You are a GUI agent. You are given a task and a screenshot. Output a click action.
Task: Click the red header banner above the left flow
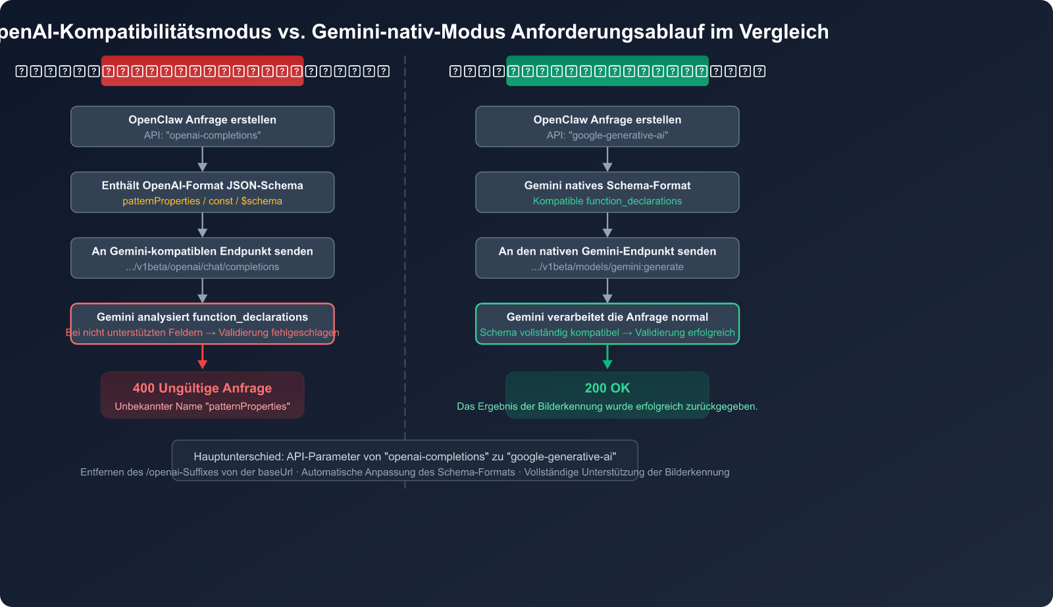coord(202,71)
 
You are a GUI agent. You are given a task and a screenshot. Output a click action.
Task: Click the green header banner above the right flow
coord(607,71)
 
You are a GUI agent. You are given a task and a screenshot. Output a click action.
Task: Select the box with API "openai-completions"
coord(202,126)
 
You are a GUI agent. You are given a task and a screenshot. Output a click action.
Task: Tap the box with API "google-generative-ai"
coord(607,126)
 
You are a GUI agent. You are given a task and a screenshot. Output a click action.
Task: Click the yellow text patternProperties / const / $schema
coord(202,201)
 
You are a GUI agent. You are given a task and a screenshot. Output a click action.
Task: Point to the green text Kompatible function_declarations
coord(607,201)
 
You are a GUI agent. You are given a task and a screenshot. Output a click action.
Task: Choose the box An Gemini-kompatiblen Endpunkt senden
coord(202,258)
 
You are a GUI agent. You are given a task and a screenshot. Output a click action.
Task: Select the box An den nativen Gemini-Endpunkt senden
coord(607,258)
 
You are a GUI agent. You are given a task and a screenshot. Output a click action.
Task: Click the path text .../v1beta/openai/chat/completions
coord(202,267)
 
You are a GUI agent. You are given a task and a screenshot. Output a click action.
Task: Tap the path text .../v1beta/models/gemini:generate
coord(607,267)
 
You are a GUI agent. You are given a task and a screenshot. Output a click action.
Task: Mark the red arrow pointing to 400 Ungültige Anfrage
coord(202,356)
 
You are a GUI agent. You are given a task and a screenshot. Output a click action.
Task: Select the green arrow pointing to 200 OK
coord(607,356)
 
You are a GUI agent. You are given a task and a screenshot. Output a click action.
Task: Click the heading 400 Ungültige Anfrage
coord(202,388)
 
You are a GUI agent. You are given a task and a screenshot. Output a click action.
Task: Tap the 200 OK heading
coord(607,388)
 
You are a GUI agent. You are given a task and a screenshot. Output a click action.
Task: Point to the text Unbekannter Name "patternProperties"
coord(202,406)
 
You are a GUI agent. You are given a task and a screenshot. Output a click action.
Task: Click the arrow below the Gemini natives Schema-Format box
coord(607,225)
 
